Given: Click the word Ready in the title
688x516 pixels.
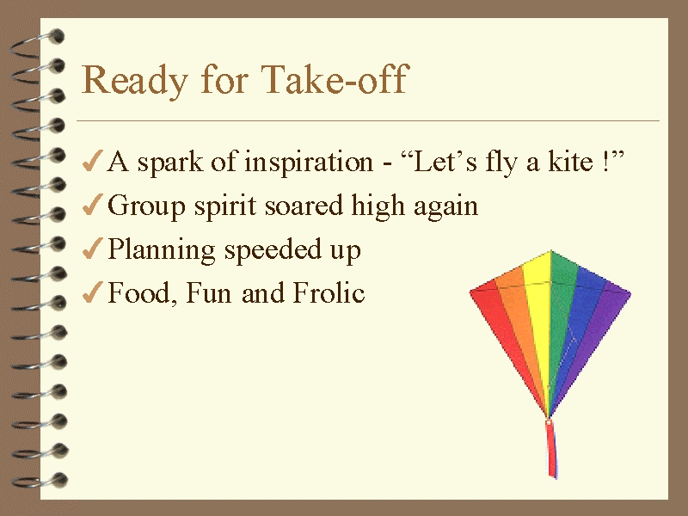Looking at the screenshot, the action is click(135, 80).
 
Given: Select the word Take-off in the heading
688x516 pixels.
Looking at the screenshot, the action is click(335, 78).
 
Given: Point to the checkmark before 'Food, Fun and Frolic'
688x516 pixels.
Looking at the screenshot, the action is click(93, 292).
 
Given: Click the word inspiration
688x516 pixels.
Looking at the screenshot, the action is click(309, 163).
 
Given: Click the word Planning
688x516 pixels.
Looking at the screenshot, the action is click(161, 250).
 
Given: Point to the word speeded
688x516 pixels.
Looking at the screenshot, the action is click(273, 250).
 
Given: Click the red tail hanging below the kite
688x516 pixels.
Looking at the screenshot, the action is click(551, 449).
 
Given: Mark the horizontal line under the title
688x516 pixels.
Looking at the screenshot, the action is click(368, 120).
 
